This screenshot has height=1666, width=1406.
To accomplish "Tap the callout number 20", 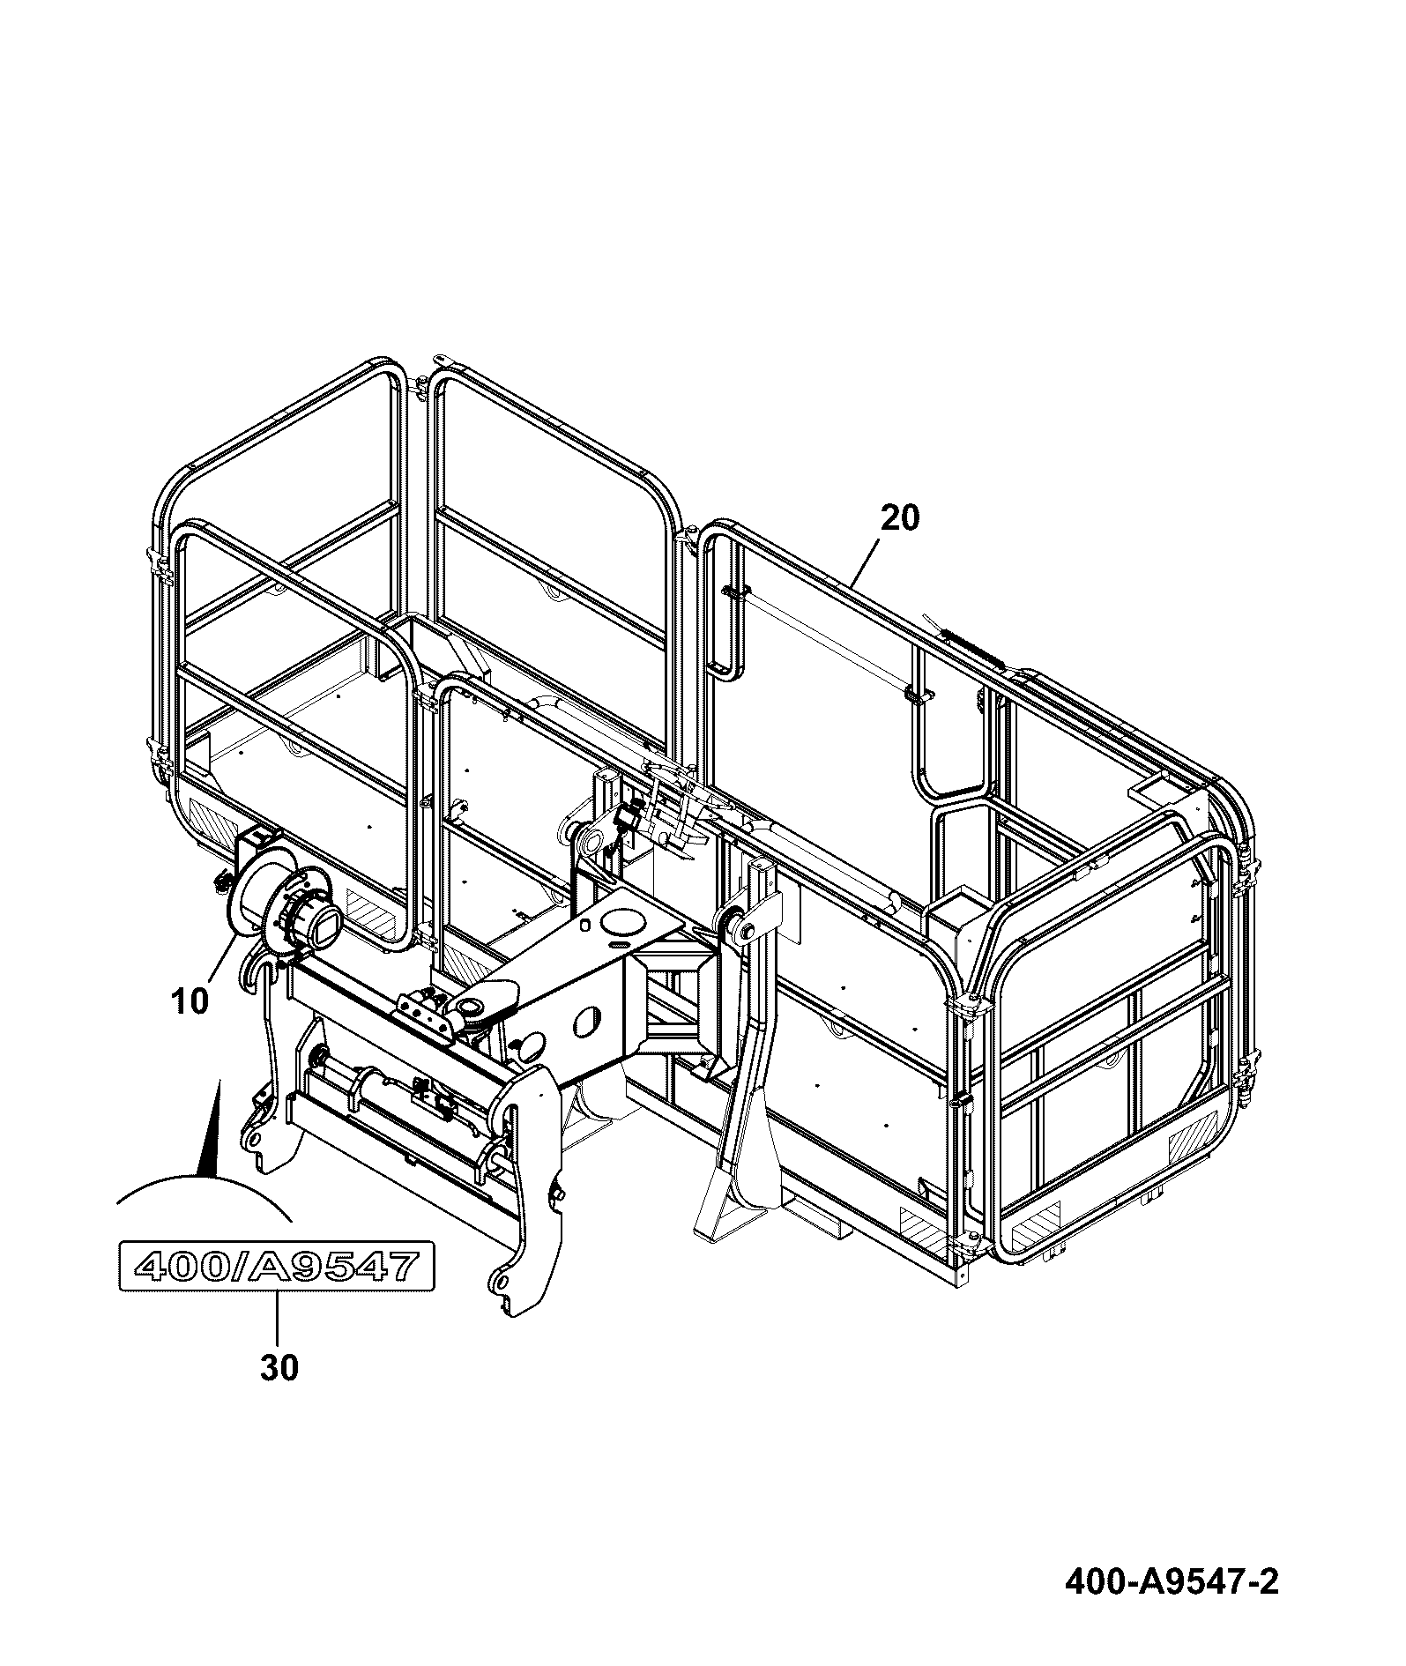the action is pos(899,518).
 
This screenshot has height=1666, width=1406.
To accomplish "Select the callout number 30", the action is pos(279,1368).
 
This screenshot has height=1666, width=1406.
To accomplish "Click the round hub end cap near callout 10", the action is pos(313,926).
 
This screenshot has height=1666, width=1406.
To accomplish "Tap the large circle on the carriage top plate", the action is pos(624,921).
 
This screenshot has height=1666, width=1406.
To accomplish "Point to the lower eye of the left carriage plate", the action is pos(255,1140).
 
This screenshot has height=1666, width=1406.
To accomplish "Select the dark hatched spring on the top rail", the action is pos(971,641).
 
